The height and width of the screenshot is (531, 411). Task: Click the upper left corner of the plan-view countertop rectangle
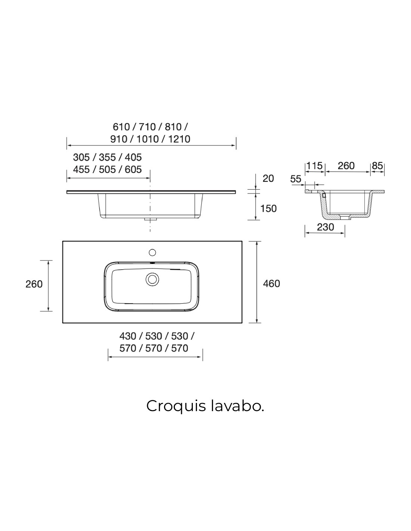63,241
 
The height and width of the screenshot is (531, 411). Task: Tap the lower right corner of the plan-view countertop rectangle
242,323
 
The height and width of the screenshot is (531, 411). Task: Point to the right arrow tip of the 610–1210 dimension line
235,145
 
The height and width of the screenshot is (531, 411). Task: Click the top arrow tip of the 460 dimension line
256,242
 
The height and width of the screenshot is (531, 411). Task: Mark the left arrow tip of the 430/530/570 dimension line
108,357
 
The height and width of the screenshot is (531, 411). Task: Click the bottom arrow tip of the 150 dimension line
256,220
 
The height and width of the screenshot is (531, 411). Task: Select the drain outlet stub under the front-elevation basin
150,219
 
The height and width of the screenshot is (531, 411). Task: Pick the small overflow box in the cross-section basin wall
324,195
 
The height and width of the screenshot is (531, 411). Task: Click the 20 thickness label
268,178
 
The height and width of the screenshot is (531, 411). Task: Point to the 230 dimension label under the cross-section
325,227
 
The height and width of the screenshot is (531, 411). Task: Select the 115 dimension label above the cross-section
315,166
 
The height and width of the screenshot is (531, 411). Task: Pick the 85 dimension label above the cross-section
377,166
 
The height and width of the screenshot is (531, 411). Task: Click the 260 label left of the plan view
34,284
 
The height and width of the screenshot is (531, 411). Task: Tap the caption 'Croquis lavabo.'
205,406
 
